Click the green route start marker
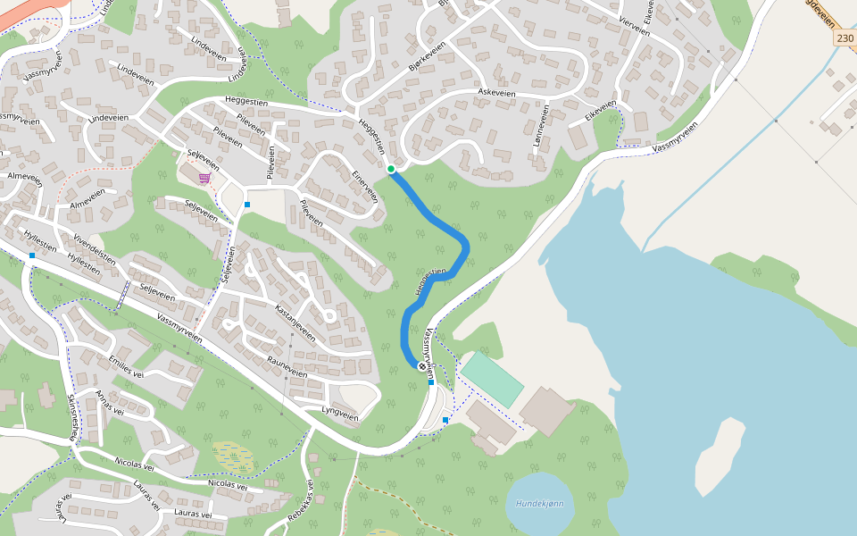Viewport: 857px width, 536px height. pyautogui.click(x=391, y=169)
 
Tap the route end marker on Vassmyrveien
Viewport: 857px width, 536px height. pyautogui.click(x=422, y=366)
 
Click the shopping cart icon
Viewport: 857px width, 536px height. pyautogui.click(x=204, y=178)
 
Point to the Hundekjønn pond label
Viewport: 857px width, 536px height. pyautogui.click(x=539, y=503)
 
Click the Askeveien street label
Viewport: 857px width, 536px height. pyautogui.click(x=497, y=92)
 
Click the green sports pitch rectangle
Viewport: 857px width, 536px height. pyautogui.click(x=492, y=380)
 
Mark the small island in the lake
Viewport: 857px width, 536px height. pyautogui.click(x=719, y=456)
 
